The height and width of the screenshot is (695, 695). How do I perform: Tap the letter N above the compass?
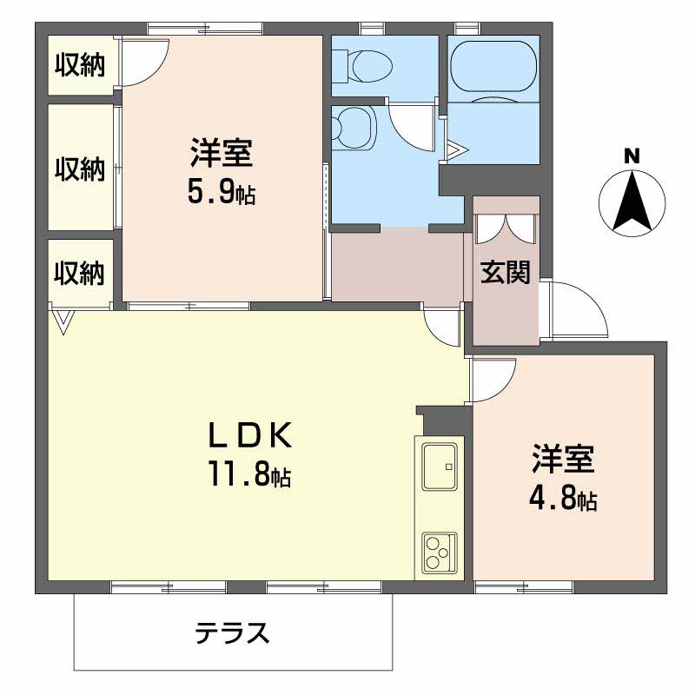(632, 157)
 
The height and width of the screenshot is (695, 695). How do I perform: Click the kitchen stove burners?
(440, 551)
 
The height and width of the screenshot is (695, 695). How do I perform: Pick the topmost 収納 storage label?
(80, 65)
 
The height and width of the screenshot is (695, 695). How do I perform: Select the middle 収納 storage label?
(80, 169)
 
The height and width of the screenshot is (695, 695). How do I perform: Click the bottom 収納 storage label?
(80, 274)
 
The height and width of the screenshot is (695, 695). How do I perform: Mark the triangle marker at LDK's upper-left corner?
(63, 322)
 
